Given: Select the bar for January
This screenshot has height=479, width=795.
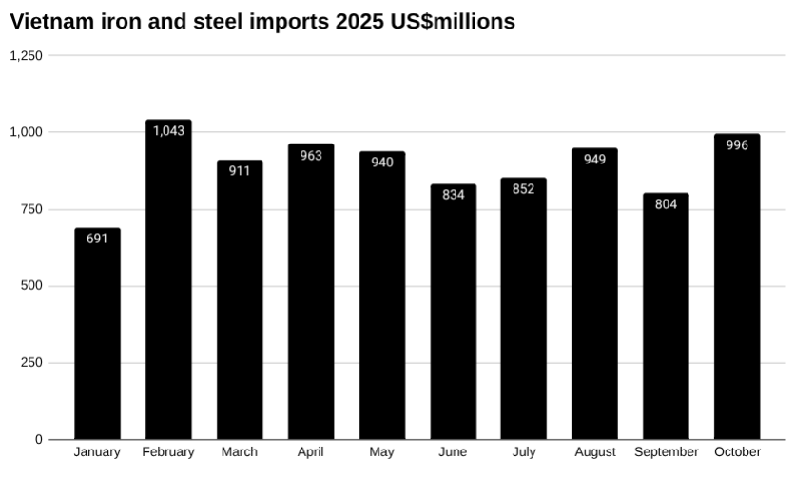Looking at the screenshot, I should [x=97, y=334].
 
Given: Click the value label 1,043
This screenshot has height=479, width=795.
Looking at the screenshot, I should [x=168, y=130].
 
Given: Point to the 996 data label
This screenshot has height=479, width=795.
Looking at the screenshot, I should [x=737, y=144].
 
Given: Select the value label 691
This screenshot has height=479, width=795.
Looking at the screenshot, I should [x=97, y=239].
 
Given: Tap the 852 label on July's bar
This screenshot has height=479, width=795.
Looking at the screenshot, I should [x=523, y=188].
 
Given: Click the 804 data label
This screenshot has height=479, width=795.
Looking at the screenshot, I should [x=666, y=203].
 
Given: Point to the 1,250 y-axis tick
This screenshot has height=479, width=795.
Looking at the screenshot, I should [x=26, y=55].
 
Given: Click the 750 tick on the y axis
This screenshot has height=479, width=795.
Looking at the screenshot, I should [x=32, y=209].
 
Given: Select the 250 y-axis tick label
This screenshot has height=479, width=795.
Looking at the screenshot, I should [x=32, y=363].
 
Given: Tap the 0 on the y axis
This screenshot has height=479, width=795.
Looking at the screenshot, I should [x=39, y=440].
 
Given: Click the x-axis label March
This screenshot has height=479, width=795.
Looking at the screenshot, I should [x=239, y=452].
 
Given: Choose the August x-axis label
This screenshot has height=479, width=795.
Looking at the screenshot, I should [x=594, y=452].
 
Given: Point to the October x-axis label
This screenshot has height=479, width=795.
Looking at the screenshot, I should [x=737, y=452].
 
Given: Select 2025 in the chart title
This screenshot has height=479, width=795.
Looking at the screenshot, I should [x=359, y=21].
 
